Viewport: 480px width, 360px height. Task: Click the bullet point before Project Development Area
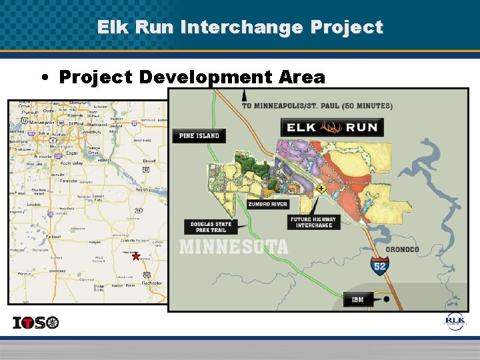pyautogui.click(x=43, y=77)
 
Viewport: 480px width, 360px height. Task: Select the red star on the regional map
pyautogui.click(x=136, y=256)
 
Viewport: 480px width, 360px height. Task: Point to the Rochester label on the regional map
pyautogui.click(x=151, y=283)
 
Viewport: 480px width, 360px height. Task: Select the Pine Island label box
pyautogui.click(x=199, y=135)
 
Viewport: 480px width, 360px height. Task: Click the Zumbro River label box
pyautogui.click(x=267, y=204)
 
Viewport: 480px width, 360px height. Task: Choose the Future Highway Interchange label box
pyautogui.click(x=313, y=222)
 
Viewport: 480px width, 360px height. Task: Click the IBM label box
pyautogui.click(x=358, y=299)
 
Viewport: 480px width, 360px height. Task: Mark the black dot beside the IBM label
pyautogui.click(x=386, y=299)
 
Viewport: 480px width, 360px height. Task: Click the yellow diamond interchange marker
pyautogui.click(x=321, y=189)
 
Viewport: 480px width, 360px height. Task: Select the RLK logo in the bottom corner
pyautogui.click(x=455, y=321)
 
